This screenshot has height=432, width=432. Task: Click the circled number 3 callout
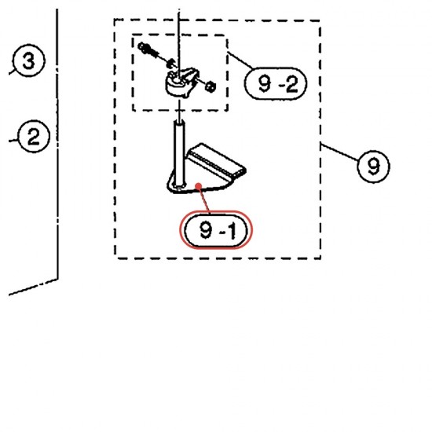pos(28,60)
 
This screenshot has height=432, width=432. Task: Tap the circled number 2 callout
pos(34,137)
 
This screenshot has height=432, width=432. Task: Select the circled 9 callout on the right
pos(373,167)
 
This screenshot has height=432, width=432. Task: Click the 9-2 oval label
pos(276,83)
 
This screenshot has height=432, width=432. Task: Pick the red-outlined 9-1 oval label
pos(216,230)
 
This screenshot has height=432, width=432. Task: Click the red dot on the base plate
pos(198,187)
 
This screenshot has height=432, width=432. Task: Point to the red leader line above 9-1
pos(204,200)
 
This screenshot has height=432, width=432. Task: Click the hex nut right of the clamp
pos(211,86)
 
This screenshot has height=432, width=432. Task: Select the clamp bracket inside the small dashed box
pos(181,82)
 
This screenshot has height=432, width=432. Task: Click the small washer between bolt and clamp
pos(171,64)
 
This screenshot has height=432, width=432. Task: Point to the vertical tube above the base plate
pos(179,154)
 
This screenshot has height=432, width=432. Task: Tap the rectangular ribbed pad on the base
pos(216,160)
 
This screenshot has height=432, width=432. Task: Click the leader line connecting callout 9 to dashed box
pos(339,152)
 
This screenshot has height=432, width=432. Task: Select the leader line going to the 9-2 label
pos(240,60)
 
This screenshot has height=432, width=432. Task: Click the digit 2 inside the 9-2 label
pos(292,84)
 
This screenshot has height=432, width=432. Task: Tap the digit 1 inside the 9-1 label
pos(232,231)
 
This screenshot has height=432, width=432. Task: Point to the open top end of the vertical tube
pos(179,123)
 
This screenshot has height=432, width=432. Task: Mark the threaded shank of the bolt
pos(157,55)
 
